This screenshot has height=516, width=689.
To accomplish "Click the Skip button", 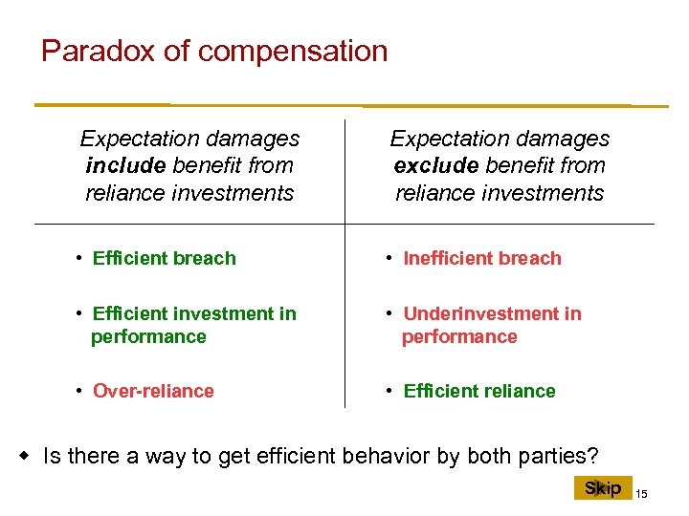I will point(603,488).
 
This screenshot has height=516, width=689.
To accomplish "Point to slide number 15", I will point(642,493).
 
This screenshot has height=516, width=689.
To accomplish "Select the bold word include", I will point(125,165).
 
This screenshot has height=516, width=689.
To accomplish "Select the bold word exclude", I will point(436,165).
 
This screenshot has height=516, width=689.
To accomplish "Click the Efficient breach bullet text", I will point(164,258).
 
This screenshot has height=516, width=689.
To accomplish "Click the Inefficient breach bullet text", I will point(482,258).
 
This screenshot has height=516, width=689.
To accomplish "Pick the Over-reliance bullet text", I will point(153,391).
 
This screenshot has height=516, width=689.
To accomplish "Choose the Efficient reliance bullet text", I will point(479,391).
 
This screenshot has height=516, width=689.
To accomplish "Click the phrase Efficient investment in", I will point(194,313).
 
